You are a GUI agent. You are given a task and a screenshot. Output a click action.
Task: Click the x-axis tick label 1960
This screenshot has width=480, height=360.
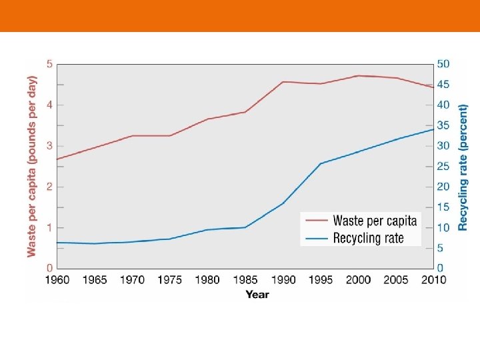coord(57,280)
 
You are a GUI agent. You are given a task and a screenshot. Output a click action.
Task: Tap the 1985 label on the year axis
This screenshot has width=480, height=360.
coord(245,280)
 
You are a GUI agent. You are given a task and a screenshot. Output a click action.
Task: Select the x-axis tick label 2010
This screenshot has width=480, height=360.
coord(433,280)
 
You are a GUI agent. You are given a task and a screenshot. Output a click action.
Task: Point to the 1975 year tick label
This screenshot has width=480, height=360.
coord(170,280)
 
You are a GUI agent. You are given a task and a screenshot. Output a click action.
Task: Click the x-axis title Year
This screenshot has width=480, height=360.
coord(257,294)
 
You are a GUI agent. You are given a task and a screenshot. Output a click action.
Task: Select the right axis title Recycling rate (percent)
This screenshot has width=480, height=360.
coord(463,167)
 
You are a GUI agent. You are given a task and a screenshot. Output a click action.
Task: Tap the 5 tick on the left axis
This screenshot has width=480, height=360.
coord(49,64)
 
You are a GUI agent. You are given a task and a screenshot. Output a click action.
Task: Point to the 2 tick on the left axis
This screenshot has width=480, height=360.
coord(49,187)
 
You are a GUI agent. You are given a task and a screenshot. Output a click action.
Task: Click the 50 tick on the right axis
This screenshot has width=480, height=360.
coord(443,64)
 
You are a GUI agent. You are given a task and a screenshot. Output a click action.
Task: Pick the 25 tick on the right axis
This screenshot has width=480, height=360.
coord(443,167)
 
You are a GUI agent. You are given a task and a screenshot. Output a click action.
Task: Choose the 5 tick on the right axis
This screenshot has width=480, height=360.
coord(441,248)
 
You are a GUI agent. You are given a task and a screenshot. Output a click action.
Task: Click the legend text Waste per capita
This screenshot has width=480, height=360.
coord(375,221)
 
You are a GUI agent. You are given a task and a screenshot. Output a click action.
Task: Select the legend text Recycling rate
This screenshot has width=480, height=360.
coord(368,238)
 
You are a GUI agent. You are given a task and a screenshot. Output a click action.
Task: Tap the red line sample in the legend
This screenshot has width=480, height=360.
coord(316,221)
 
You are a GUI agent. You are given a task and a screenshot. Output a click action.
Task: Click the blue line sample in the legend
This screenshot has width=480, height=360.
coord(316,238)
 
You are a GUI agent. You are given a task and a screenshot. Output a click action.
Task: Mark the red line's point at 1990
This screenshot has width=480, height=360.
coord(283,82)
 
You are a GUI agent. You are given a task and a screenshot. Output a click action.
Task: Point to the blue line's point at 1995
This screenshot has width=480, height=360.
coord(321,163)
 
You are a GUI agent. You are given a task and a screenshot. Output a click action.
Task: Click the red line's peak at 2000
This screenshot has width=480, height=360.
coord(359,75)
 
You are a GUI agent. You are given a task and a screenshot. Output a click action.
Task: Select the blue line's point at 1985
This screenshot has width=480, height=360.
coord(245,227)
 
